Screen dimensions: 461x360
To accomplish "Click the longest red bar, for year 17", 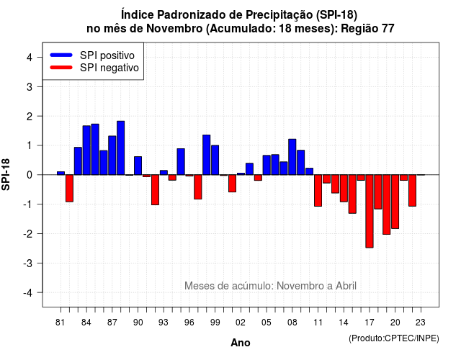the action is click(370, 211).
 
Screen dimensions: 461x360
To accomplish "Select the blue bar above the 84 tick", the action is click(86, 150).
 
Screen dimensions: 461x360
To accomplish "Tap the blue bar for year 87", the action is click(112, 156).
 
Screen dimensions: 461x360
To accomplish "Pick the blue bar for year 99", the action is click(215, 160).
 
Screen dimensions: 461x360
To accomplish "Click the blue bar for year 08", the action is click(292, 157).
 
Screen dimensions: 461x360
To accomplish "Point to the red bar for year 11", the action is click(318, 190).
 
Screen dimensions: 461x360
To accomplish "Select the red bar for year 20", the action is click(395, 202).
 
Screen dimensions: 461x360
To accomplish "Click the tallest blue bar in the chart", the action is click(120, 148).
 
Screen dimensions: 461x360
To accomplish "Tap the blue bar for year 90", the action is click(138, 166).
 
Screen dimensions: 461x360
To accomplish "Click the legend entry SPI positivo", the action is click(107, 55).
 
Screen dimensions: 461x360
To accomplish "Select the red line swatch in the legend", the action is click(61, 68).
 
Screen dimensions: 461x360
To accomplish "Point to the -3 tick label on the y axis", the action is click(29, 263).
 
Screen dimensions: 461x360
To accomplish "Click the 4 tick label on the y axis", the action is click(30, 58).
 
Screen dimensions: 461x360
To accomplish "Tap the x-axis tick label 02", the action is click(241, 323).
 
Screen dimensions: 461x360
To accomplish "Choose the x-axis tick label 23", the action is click(421, 323).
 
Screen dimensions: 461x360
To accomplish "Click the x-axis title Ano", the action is click(241, 343).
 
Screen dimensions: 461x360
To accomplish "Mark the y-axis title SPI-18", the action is click(6, 174).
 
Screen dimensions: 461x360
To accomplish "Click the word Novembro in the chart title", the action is click(174, 29).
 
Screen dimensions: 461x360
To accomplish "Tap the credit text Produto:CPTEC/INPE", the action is click(394, 338).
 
